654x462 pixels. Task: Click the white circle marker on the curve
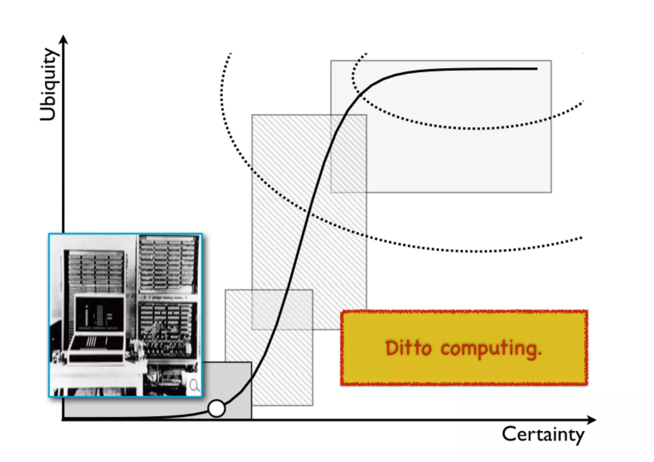pyautogui.click(x=216, y=408)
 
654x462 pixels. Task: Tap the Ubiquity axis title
pyautogui.click(x=49, y=85)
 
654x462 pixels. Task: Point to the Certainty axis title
pyautogui.click(x=543, y=435)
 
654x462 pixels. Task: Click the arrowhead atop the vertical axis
pyautogui.click(x=64, y=39)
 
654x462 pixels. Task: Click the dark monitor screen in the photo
pyautogui.click(x=100, y=314)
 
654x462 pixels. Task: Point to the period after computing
pyautogui.click(x=539, y=354)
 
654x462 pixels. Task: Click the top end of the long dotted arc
pyautogui.click(x=230, y=54)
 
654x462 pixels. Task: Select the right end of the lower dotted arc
pyautogui.click(x=581, y=238)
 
